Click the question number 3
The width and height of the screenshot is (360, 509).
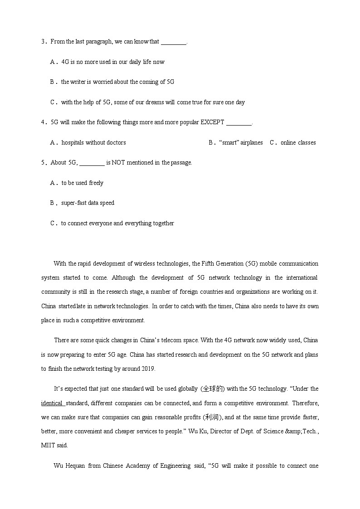(43, 42)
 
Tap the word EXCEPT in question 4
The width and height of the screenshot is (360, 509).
(212, 122)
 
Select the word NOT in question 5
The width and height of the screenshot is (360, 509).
(114, 162)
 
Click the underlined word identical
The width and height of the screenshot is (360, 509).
(52, 403)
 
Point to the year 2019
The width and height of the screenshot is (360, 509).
(147, 368)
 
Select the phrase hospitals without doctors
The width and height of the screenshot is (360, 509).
(93, 142)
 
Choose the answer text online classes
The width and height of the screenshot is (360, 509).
(298, 142)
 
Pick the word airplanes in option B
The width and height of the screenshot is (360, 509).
(252, 142)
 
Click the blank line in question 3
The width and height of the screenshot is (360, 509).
(174, 42)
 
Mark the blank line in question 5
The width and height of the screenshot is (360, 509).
(92, 163)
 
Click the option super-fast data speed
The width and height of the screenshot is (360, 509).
(88, 203)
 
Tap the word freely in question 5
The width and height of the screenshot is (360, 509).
(96, 183)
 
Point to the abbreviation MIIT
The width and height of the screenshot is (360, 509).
(48, 445)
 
